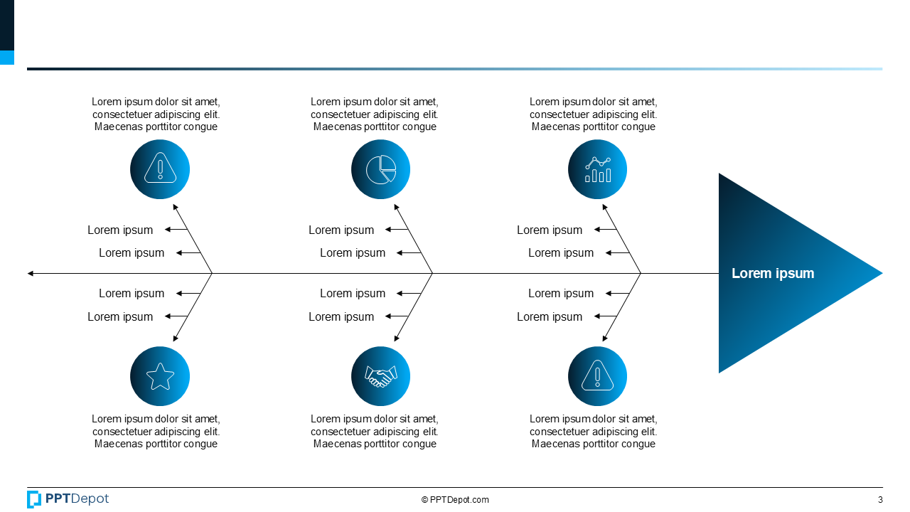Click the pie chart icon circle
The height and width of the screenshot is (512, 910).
click(x=380, y=169)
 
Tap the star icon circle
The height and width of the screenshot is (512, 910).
click(x=160, y=376)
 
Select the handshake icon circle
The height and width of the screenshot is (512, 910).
click(x=380, y=376)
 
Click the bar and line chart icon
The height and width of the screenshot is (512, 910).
click(x=597, y=169)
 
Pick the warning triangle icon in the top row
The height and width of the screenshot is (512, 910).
click(x=160, y=169)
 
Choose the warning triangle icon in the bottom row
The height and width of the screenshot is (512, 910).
click(x=597, y=376)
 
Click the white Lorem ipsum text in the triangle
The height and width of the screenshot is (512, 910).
click(x=773, y=273)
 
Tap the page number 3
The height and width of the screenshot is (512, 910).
click(x=880, y=499)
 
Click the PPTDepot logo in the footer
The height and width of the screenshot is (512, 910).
click(x=68, y=499)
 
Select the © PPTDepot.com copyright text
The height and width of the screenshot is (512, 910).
click(x=455, y=500)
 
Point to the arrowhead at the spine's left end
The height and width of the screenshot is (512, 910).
click(x=30, y=273)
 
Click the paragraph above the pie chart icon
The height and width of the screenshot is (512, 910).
click(x=375, y=114)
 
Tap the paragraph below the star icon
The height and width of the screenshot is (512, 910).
click(x=156, y=432)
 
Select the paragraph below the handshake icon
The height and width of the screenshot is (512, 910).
click(x=375, y=432)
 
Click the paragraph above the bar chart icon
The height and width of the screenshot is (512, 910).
click(x=594, y=114)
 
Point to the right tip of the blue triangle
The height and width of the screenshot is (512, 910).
click(x=881, y=273)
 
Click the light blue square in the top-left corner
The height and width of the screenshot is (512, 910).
click(x=6, y=58)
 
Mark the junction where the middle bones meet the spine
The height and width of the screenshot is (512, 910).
click(x=433, y=273)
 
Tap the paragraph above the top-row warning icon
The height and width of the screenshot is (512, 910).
click(x=156, y=114)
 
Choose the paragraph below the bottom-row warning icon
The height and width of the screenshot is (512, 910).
click(x=594, y=432)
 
